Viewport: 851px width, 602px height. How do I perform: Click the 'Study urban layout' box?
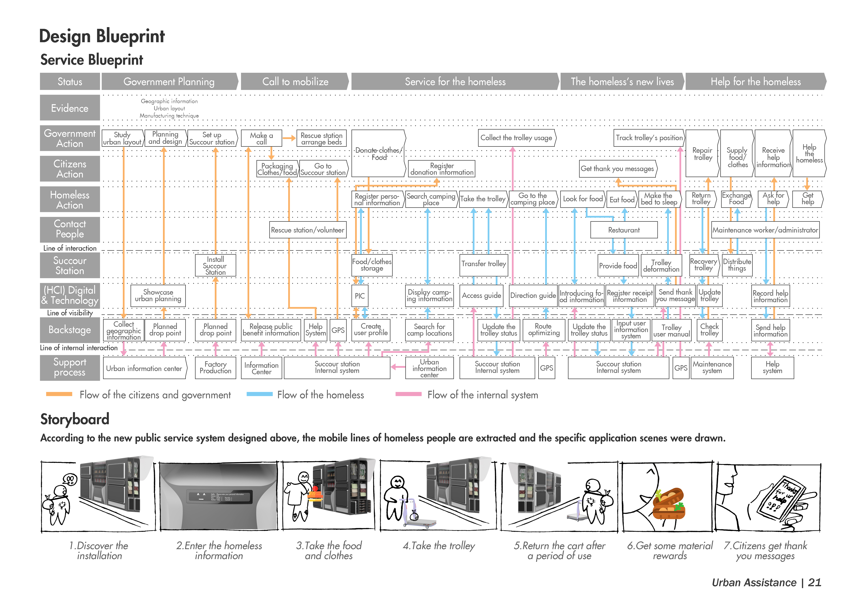(122, 138)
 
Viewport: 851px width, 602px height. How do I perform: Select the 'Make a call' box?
(261, 138)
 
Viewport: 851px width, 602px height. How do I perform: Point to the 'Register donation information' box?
(441, 169)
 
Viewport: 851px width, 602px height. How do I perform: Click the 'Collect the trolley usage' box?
(516, 138)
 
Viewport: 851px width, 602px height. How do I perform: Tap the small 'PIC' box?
(360, 296)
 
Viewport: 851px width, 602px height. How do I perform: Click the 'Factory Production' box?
(215, 368)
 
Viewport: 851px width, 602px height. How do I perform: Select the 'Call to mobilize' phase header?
(295, 82)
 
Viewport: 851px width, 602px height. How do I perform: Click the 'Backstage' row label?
(70, 330)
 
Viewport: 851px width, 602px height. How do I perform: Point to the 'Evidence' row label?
(70, 108)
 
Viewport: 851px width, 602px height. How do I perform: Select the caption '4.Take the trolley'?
(439, 546)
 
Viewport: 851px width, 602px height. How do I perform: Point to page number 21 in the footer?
(814, 583)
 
